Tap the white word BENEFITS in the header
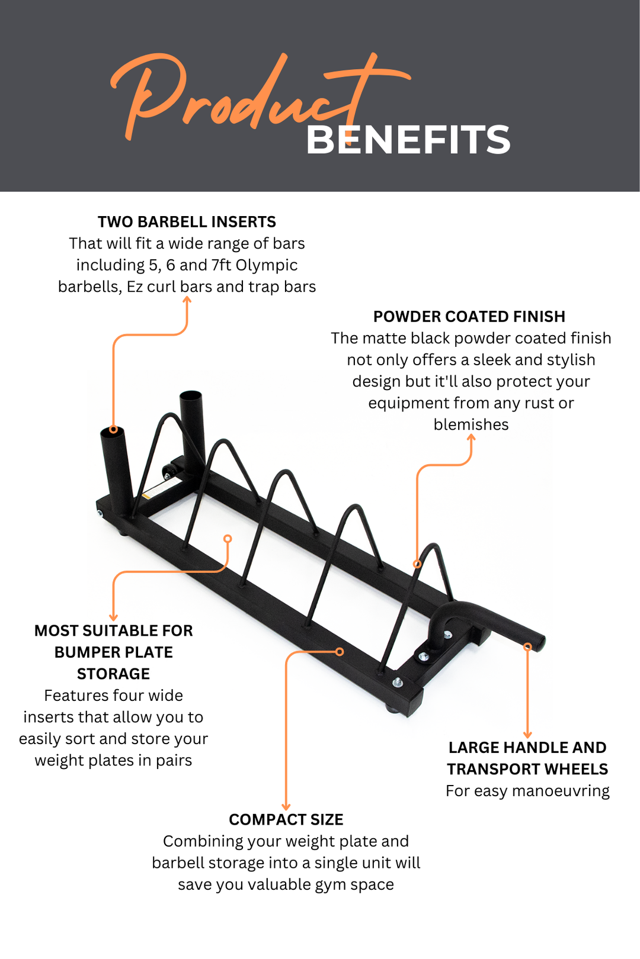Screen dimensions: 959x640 [x=408, y=140]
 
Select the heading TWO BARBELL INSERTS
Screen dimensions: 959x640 [x=187, y=222]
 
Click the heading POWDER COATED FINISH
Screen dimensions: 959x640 [x=469, y=317]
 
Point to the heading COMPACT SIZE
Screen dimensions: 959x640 [x=286, y=820]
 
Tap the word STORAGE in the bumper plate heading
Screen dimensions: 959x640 [x=113, y=674]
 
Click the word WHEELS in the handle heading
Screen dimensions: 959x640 [x=576, y=770]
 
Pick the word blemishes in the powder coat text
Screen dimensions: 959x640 [x=471, y=425]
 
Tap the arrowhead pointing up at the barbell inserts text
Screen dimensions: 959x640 [x=187, y=300]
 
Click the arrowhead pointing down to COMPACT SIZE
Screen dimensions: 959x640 [x=286, y=806]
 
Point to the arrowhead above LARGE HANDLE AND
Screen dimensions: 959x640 [x=527, y=735]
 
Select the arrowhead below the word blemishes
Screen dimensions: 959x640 [x=472, y=437]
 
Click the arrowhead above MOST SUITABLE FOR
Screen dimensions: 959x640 [x=113, y=617]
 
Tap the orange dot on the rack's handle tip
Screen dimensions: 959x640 [x=527, y=647]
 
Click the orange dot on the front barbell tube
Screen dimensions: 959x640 [x=113, y=430]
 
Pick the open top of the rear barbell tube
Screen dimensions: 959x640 [x=191, y=395]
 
